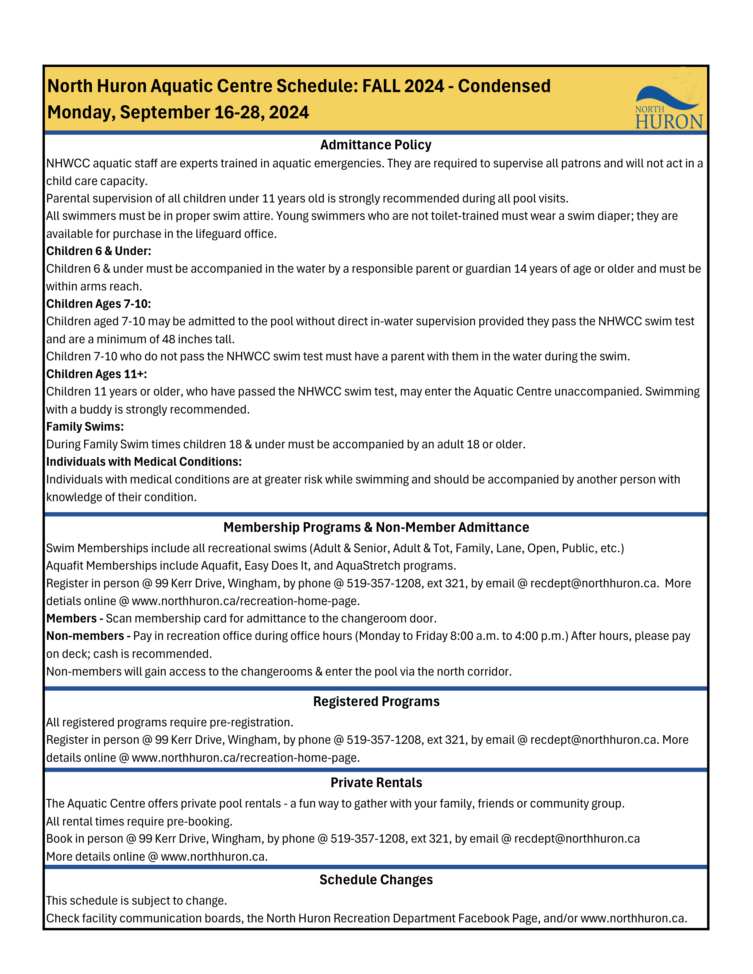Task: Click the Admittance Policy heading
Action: pos(376,145)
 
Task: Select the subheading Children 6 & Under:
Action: pos(99,251)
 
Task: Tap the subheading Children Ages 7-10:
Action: pos(99,304)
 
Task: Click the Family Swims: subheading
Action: pos(85,427)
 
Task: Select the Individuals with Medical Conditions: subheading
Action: pos(144,462)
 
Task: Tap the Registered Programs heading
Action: pos(376,702)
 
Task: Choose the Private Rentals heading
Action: pos(376,783)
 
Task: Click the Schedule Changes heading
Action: pos(376,880)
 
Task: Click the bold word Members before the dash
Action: pos(71,619)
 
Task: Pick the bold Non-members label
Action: pos(85,636)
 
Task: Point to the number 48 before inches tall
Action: pos(168,339)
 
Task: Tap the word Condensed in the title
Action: pos(504,86)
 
